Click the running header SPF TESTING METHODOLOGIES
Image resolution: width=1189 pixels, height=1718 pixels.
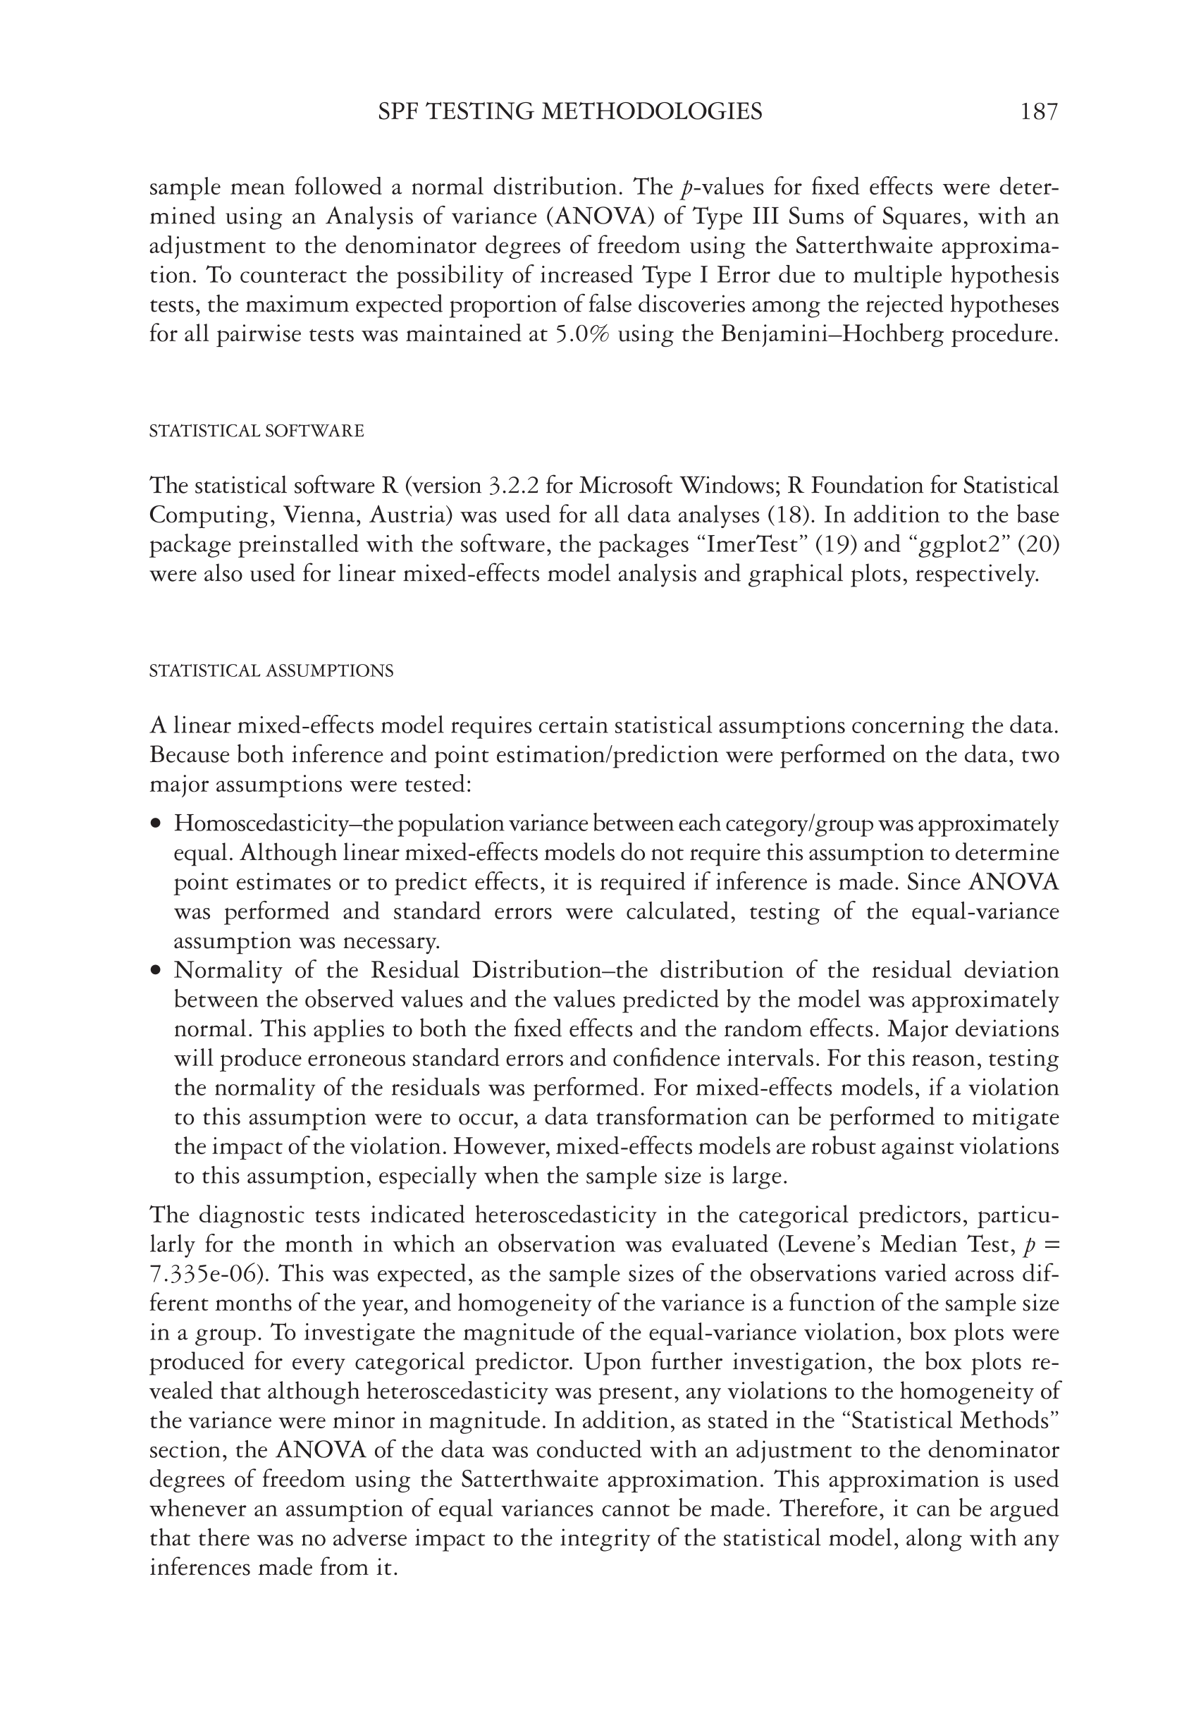(x=570, y=112)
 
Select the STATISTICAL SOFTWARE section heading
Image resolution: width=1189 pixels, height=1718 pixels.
(x=257, y=431)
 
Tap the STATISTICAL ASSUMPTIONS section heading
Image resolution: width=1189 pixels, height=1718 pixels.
(x=271, y=670)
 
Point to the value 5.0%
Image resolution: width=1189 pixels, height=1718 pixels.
(x=583, y=335)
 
